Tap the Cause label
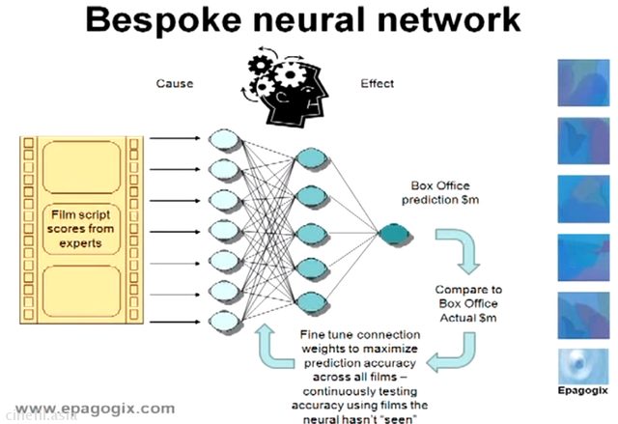pos(175,83)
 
